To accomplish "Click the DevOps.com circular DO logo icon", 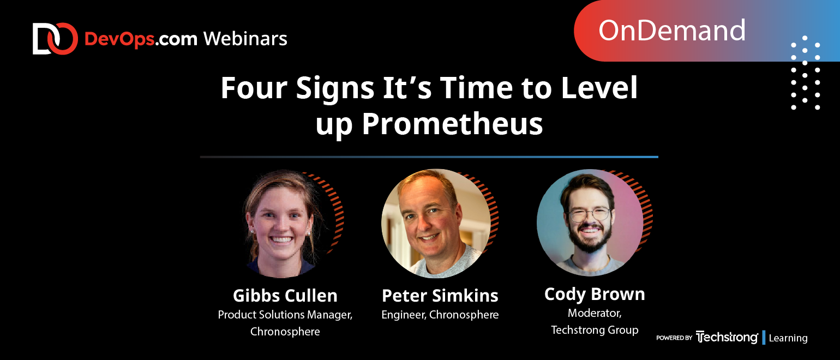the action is coord(55,39).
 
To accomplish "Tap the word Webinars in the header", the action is coord(245,39).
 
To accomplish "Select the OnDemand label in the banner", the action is coord(671,31).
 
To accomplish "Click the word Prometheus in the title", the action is coord(452,124).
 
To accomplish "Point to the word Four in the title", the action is coord(254,88).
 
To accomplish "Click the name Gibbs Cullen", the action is coord(285,296).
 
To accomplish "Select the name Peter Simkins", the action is coord(440,296).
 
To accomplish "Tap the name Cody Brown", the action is coord(595,295).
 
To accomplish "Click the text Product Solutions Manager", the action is coord(285,315).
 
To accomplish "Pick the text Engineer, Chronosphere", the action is coord(440,315).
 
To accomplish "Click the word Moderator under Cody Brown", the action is coord(595,313).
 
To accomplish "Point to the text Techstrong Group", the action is coord(595,330).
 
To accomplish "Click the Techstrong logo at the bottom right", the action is coord(727,337).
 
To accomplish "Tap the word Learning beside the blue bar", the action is coord(788,338).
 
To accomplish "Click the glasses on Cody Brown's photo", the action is coord(590,214).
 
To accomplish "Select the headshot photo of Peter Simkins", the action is coord(436,224).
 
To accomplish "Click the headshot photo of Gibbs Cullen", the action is coord(283,224).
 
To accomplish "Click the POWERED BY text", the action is coord(674,338).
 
